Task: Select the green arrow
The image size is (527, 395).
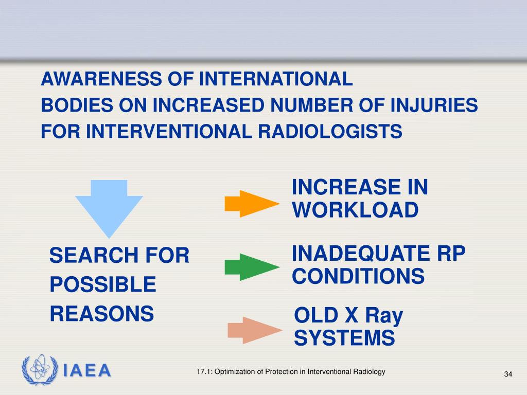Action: (251, 267)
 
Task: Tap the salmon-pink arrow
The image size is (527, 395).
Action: (254, 330)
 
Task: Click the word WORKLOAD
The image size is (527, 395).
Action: (355, 210)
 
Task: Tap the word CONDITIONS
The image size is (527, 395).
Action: (358, 277)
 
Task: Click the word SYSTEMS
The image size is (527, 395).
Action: (344, 338)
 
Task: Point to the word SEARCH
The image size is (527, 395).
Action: (85, 255)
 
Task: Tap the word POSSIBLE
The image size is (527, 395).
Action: (102, 284)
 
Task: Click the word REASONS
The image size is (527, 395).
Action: (102, 313)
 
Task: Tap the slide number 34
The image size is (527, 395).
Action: (508, 373)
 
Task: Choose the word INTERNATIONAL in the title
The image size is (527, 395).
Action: (276, 79)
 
